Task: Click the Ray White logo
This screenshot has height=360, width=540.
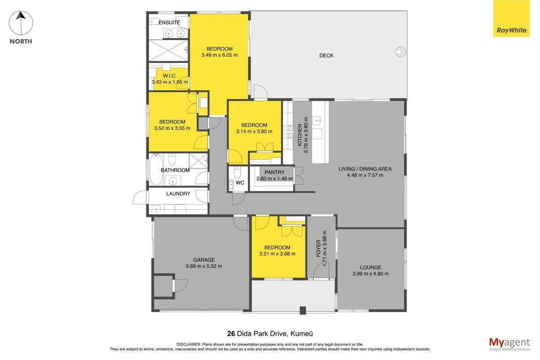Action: [511, 18]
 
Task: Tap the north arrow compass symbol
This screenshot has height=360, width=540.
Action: [21, 23]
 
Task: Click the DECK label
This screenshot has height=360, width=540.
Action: [326, 56]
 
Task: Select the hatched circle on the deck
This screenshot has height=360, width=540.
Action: [400, 52]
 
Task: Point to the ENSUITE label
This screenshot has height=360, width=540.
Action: [169, 22]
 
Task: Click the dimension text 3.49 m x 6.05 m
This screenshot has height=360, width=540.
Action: [220, 55]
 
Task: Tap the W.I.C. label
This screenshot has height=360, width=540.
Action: [170, 76]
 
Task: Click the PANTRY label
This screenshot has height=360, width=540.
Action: [274, 172]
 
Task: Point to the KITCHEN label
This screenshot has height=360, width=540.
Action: [300, 135]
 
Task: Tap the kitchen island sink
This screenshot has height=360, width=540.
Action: [317, 120]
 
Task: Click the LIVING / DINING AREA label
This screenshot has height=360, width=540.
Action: [365, 169]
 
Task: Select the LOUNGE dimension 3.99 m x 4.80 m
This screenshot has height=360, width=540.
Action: [370, 274]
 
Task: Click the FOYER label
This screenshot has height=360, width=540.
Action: [319, 248]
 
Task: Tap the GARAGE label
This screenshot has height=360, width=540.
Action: [204, 260]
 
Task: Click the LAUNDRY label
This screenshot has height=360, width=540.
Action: [178, 193]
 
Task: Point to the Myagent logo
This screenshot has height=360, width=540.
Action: [509, 344]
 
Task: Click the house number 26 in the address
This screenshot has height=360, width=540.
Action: [231, 334]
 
